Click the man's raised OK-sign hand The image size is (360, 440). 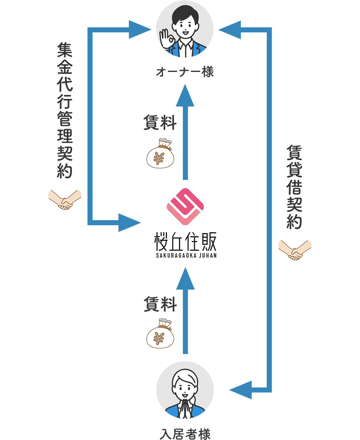point(167,38)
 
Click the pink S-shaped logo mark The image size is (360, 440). point(185,207)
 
